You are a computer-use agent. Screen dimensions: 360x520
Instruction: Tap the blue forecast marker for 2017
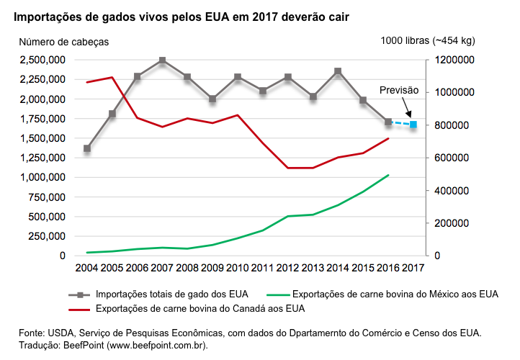coord(413,125)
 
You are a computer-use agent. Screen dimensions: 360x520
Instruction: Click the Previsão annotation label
coord(399,90)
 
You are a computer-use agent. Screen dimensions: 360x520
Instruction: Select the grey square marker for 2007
coord(162,60)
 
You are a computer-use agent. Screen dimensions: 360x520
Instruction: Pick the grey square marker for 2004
coord(87,148)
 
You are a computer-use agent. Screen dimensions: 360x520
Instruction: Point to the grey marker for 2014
coord(338,71)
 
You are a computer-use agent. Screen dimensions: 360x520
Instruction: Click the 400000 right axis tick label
coord(455,191)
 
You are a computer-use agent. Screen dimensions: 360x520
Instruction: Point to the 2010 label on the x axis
coord(238,268)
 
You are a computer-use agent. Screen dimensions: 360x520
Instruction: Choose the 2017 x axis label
coord(413,268)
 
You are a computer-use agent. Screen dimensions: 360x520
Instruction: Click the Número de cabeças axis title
coord(63,42)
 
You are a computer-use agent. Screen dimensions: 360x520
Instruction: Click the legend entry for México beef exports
coord(395,294)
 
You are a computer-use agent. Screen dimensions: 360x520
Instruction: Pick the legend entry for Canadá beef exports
coord(200,309)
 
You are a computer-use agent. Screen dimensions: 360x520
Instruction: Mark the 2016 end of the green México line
coord(388,175)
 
